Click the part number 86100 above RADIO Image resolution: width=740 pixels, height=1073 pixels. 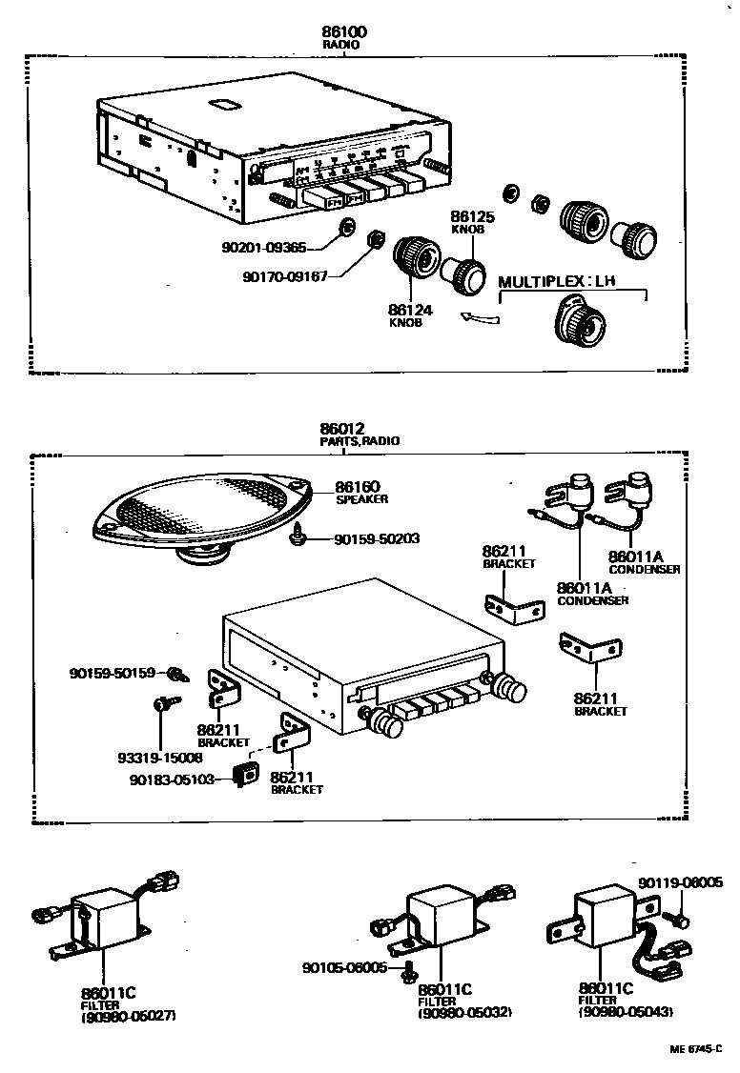(344, 32)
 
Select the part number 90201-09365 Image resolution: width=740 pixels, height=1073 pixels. (263, 247)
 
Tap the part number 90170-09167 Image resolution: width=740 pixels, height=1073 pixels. (285, 276)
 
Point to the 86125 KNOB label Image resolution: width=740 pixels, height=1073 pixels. (469, 224)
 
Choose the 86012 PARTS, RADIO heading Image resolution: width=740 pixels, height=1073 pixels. (359, 435)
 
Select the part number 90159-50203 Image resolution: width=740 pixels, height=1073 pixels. (376, 538)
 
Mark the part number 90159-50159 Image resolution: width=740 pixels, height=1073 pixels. (112, 673)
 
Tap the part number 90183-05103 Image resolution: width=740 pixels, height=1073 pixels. (172, 779)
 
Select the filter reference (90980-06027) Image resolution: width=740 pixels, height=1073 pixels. (128, 1016)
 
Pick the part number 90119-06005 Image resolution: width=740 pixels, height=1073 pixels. (681, 883)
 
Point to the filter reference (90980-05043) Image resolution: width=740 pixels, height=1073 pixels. (625, 1012)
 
